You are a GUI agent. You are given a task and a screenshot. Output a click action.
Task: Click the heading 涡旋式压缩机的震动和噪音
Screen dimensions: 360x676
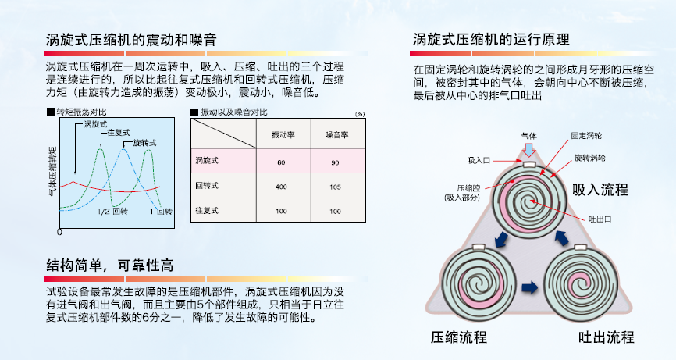point(131,39)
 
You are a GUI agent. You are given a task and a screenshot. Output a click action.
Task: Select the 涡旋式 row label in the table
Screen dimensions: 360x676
point(207,161)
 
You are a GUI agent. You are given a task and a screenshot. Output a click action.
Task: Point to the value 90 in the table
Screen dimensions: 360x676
point(336,162)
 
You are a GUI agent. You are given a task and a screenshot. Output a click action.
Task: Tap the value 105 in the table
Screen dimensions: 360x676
point(336,187)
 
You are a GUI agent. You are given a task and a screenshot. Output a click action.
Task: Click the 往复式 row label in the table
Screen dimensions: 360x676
point(207,211)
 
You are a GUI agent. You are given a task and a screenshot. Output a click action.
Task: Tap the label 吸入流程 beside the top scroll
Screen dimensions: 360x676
point(600,190)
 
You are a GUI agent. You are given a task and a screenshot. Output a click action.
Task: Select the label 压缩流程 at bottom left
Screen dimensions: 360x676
point(459,337)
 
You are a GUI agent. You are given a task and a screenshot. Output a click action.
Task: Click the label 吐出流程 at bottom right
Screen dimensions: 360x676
point(606,337)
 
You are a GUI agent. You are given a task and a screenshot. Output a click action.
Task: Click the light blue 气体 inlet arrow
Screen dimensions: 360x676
point(529,149)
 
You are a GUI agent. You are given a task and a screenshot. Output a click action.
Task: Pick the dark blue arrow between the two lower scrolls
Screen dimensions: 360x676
point(529,287)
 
